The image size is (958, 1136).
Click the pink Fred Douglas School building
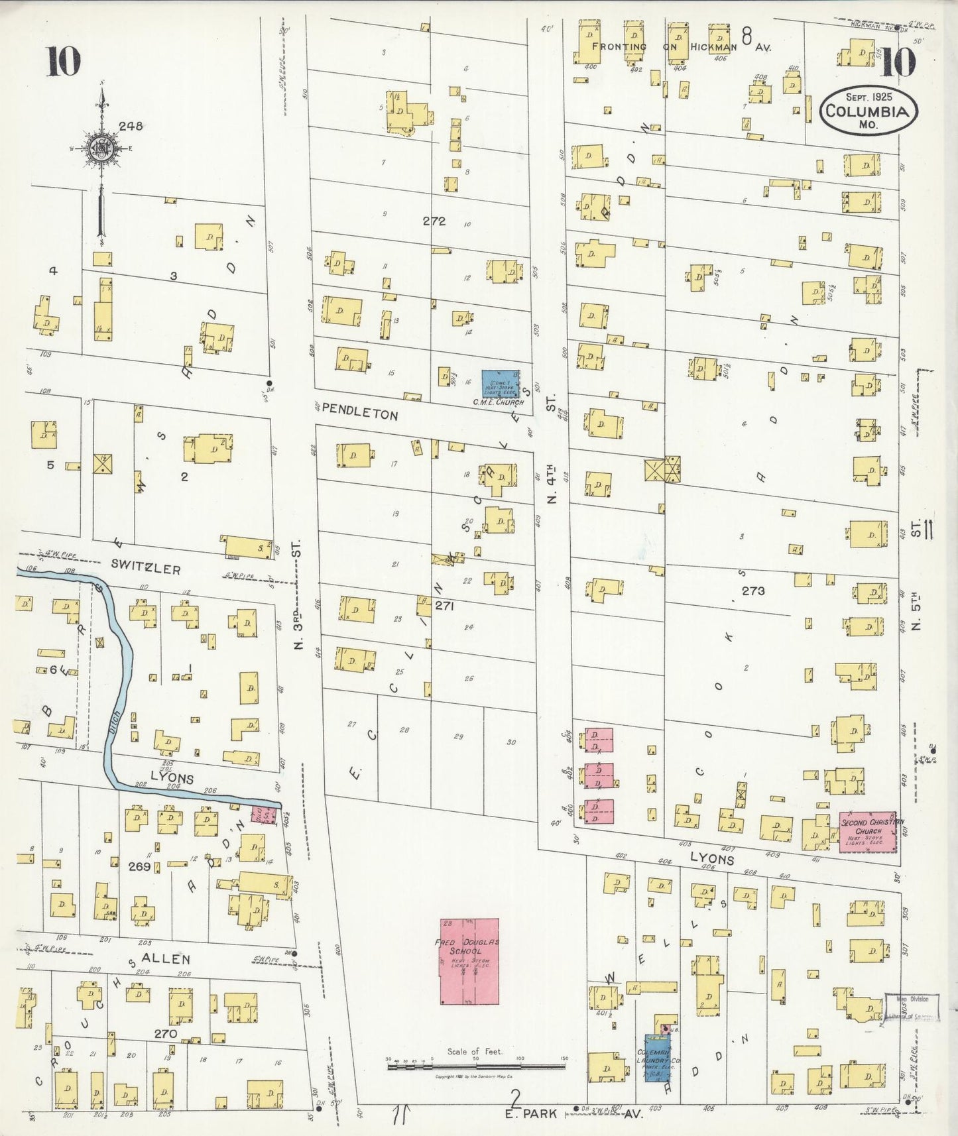tap(469, 960)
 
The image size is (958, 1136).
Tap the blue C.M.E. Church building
tap(500, 384)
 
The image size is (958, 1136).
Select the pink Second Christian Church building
tap(868, 831)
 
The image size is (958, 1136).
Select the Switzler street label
tap(146, 568)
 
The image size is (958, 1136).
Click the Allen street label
tap(166, 958)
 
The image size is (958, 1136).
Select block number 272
tap(434, 221)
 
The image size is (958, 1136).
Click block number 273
tap(753, 590)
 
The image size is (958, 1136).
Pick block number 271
tap(444, 605)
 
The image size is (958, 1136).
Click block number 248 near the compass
tap(131, 125)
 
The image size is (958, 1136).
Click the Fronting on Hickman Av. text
tap(682, 46)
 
